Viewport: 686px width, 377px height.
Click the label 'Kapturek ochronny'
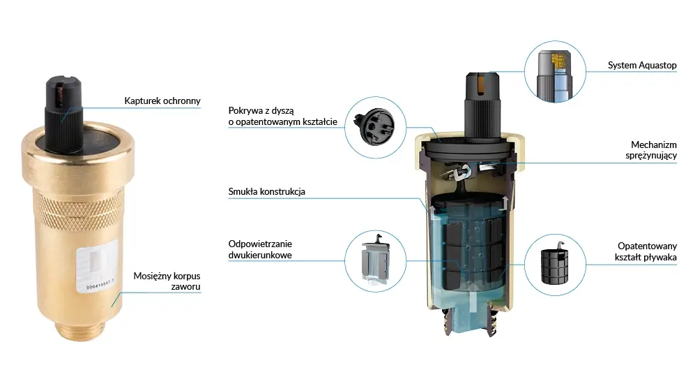(162, 101)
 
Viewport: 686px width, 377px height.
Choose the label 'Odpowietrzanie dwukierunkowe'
(260, 249)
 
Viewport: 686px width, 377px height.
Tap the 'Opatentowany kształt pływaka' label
(646, 252)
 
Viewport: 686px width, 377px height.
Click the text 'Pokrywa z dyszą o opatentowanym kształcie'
(282, 116)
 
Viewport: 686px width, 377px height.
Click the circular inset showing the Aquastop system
(555, 71)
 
